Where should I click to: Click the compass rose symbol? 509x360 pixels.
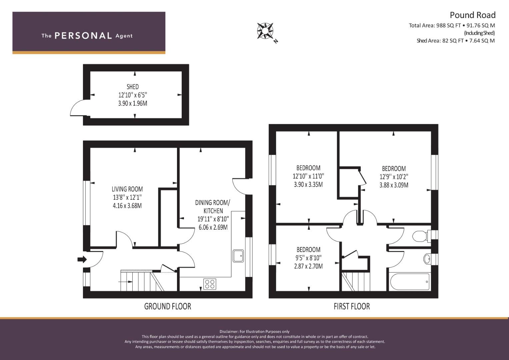coord(265,31)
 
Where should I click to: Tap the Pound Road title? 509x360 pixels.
coord(472,15)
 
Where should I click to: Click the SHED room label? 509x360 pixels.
coord(133,87)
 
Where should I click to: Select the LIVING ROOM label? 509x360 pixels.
coord(127,189)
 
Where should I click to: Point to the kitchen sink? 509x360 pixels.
coord(238,256)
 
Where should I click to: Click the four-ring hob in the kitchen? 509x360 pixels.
coord(210,284)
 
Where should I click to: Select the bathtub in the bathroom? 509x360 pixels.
coord(409,282)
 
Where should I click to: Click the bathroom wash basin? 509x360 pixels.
coord(427,259)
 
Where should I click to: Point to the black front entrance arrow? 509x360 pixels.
coord(82,259)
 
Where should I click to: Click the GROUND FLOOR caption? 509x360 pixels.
coord(168,306)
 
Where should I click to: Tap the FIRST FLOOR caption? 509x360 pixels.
coord(352,306)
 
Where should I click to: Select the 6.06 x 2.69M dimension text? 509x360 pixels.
coord(213,227)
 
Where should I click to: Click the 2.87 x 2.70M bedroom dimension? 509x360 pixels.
coord(308,266)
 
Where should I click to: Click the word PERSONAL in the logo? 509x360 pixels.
coord(83,36)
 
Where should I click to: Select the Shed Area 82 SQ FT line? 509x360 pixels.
coord(456,41)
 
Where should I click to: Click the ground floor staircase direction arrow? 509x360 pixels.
coord(125,282)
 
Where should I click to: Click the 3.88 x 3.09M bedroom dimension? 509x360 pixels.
coord(394,185)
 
